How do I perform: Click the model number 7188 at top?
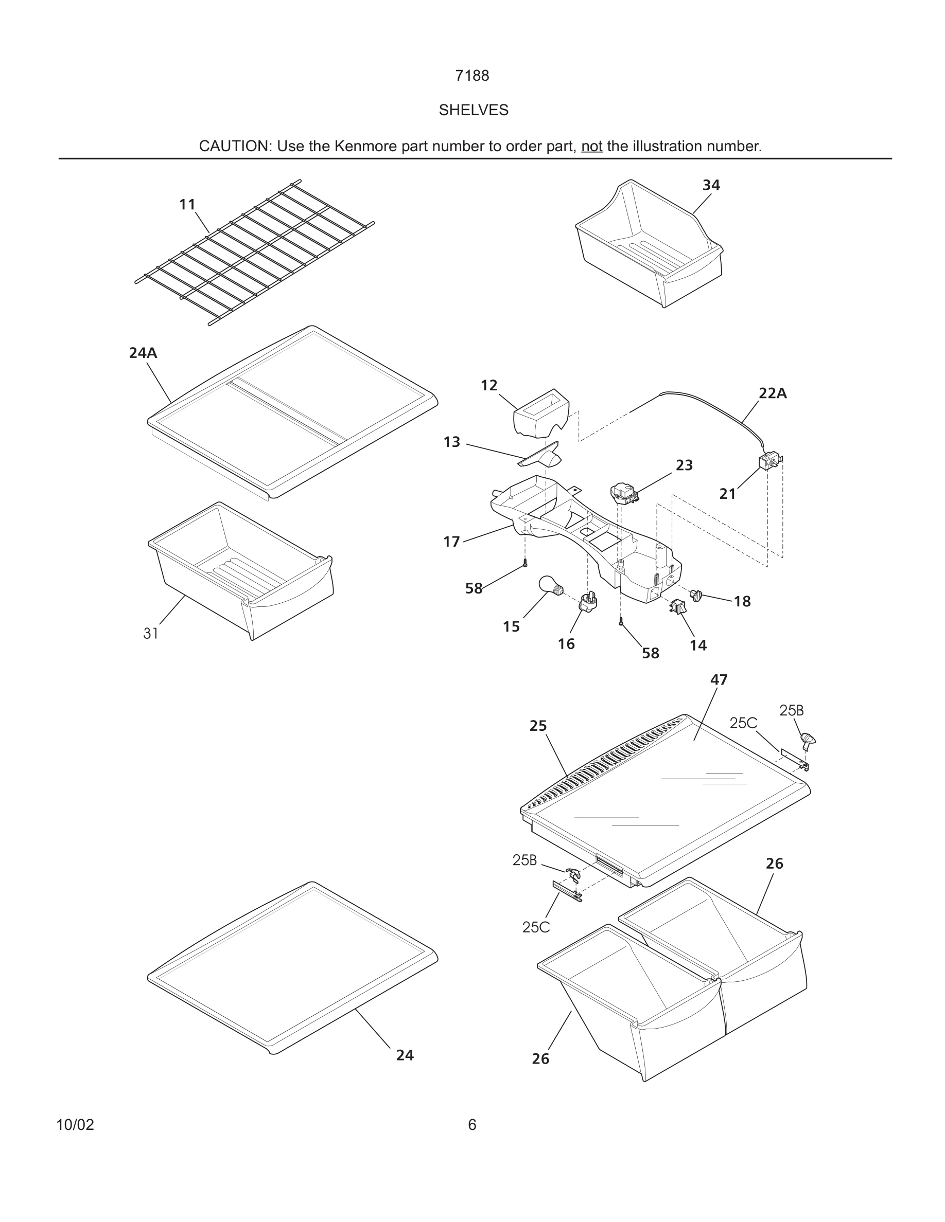click(472, 76)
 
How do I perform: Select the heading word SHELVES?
click(473, 110)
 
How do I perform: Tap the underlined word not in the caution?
click(591, 146)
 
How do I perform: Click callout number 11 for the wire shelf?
click(187, 205)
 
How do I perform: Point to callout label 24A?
click(143, 353)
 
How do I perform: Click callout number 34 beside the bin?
click(711, 185)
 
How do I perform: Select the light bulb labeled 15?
click(549, 586)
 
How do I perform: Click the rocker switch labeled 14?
click(678, 606)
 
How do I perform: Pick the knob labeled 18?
click(697, 596)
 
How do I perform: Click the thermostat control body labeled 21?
click(768, 462)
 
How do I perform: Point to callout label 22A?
click(773, 393)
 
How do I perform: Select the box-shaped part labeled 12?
click(541, 413)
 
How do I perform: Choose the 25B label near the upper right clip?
click(791, 711)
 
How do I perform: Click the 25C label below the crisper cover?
click(536, 928)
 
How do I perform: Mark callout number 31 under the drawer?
click(151, 634)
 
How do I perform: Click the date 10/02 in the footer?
click(75, 1125)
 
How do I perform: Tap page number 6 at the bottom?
click(472, 1125)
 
